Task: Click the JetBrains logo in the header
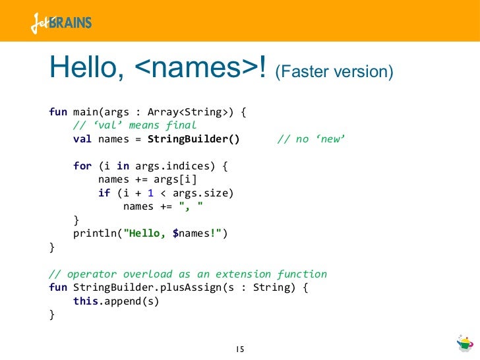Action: click(x=61, y=23)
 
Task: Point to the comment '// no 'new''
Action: click(x=311, y=139)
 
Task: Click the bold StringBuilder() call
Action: click(x=194, y=139)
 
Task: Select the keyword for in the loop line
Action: click(x=82, y=166)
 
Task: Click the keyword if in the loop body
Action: click(x=104, y=194)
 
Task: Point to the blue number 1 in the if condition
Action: click(x=151, y=194)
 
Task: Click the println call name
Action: click(x=95, y=234)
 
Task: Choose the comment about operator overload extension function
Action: click(x=188, y=274)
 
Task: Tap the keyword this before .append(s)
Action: click(x=85, y=301)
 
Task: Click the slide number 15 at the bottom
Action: click(x=240, y=348)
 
